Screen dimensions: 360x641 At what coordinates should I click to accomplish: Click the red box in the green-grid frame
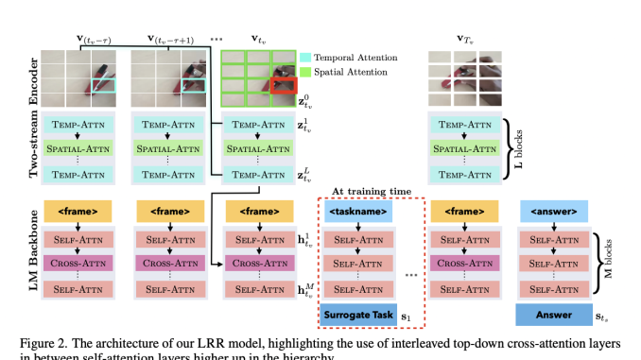pyautogui.click(x=284, y=88)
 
